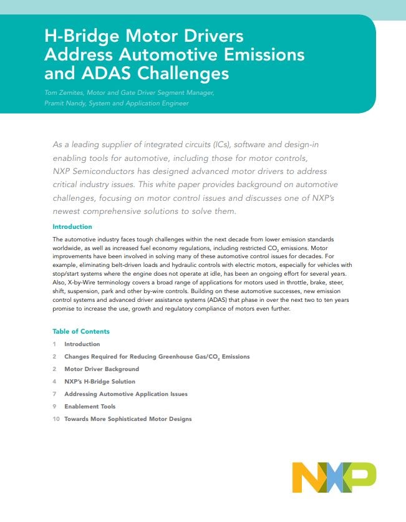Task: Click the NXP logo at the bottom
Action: tap(334, 477)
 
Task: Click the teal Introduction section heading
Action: tap(72, 227)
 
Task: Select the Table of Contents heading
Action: tap(81, 331)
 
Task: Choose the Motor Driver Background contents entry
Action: tap(102, 369)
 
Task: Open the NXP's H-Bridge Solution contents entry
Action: tap(100, 382)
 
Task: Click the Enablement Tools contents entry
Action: tap(90, 407)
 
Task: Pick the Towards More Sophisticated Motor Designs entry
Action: tap(128, 419)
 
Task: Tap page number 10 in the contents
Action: tap(56, 419)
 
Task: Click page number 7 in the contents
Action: tap(55, 394)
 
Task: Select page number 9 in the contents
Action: tap(55, 407)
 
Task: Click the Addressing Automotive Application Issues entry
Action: tap(126, 394)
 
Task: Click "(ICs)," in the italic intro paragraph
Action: tap(222, 145)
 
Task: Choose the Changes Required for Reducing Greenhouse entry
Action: tap(157, 357)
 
